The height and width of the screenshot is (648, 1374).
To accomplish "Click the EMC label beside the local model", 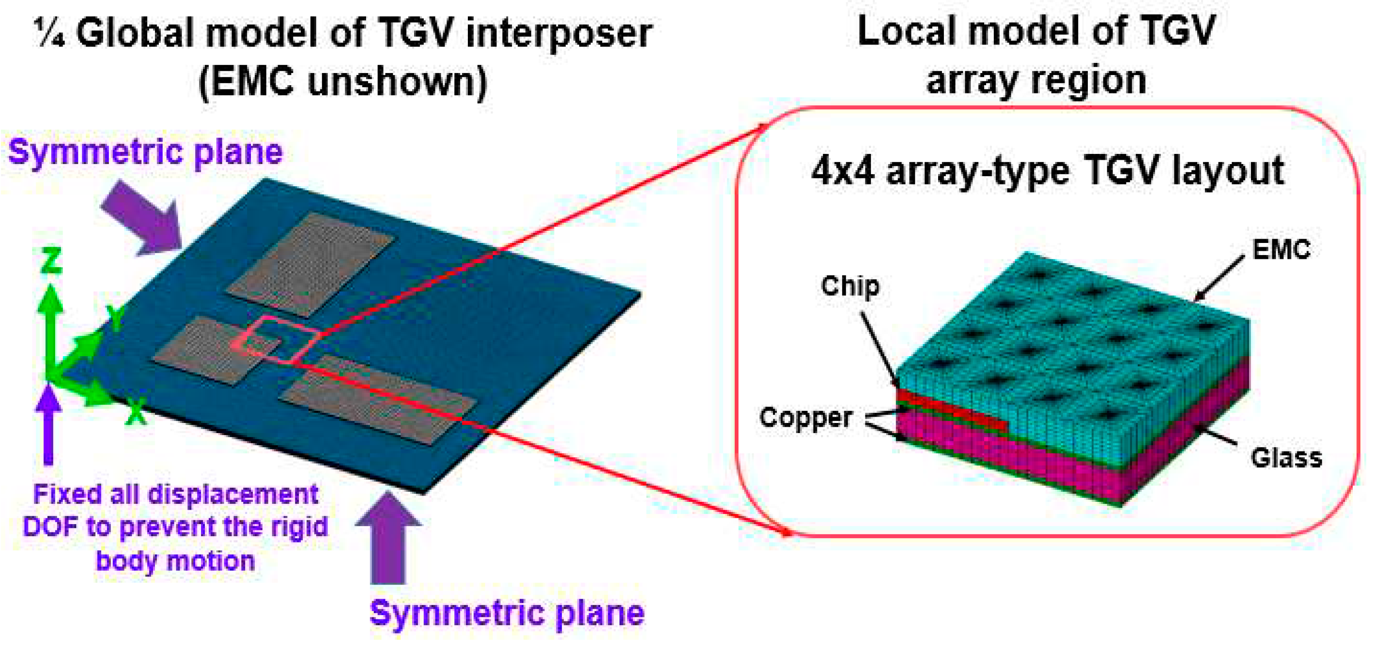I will (x=1281, y=250).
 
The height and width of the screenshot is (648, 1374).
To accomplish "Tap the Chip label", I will (x=849, y=286).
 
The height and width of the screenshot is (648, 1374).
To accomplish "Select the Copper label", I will (x=805, y=418).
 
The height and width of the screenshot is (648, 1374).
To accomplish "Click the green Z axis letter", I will (x=52, y=261).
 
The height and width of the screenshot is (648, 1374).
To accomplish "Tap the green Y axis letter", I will (x=115, y=318).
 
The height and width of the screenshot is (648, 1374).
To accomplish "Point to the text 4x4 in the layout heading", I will (x=842, y=172).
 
